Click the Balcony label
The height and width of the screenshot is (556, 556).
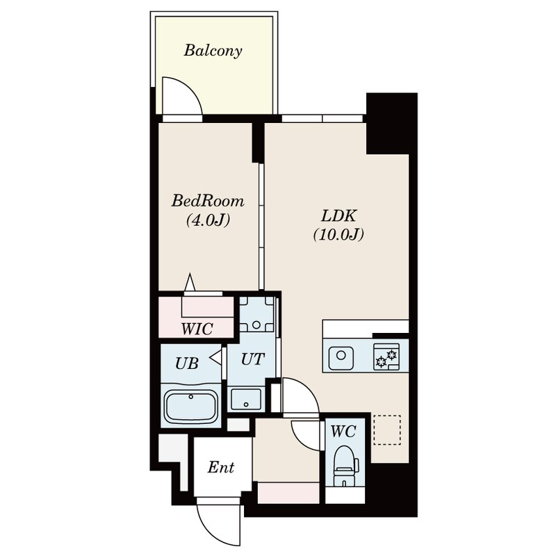point(213,51)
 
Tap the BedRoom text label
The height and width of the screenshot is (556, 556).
point(208,201)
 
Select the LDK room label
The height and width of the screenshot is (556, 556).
point(338,215)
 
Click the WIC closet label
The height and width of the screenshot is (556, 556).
point(197,329)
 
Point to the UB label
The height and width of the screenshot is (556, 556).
point(187,363)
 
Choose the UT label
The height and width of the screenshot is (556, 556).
point(252,359)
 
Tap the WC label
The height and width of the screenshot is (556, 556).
point(343,431)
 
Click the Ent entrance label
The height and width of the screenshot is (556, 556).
point(220,467)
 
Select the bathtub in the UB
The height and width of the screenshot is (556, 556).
point(190,407)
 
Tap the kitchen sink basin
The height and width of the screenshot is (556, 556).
point(341,355)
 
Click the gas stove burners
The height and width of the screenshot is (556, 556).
point(386,357)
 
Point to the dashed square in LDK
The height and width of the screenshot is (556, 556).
point(387,430)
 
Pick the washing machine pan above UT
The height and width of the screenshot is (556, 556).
point(256,315)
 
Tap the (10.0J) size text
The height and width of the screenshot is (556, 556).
point(338,234)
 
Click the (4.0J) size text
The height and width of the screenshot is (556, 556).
point(208,220)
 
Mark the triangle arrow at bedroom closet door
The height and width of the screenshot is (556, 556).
point(190,283)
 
